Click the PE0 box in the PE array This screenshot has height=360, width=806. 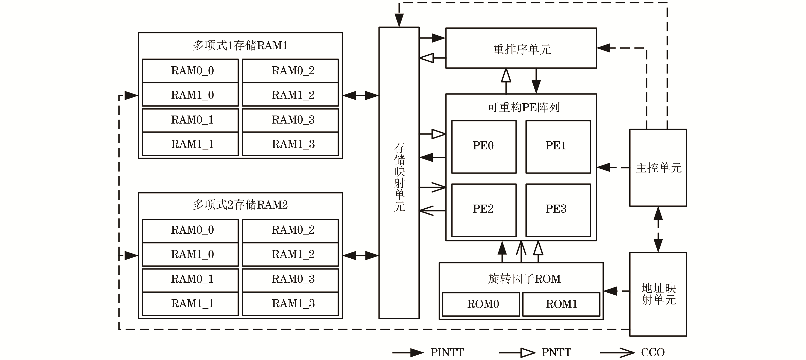coord(483,146)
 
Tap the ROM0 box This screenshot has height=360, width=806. coord(481,304)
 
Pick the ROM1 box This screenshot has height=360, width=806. coord(561,304)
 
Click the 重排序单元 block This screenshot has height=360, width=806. coord(521,49)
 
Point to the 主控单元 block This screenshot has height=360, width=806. coord(658,168)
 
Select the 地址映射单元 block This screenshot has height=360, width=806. coord(658,294)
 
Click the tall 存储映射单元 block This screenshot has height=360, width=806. coord(399,177)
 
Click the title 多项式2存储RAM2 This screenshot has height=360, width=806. coord(240,205)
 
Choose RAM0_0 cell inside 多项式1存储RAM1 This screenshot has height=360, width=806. coord(190,71)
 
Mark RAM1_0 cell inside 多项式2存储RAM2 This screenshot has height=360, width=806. coord(190,254)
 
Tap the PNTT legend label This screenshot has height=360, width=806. coord(556,353)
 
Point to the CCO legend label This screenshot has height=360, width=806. coord(653,353)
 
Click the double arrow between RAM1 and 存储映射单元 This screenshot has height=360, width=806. coord(361,95)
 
